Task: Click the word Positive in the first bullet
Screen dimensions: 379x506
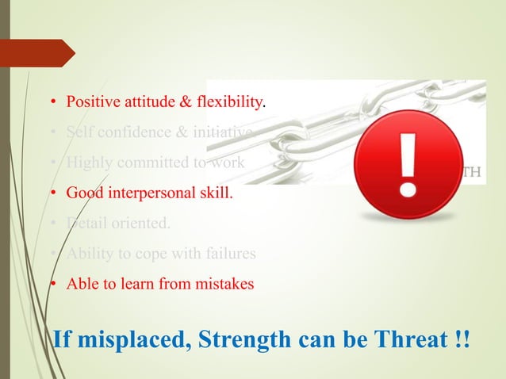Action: click(x=90, y=102)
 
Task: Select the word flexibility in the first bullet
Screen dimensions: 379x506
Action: click(x=230, y=102)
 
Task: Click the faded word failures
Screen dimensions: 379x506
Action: click(x=229, y=253)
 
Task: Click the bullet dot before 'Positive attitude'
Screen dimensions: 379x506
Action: click(x=53, y=103)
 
